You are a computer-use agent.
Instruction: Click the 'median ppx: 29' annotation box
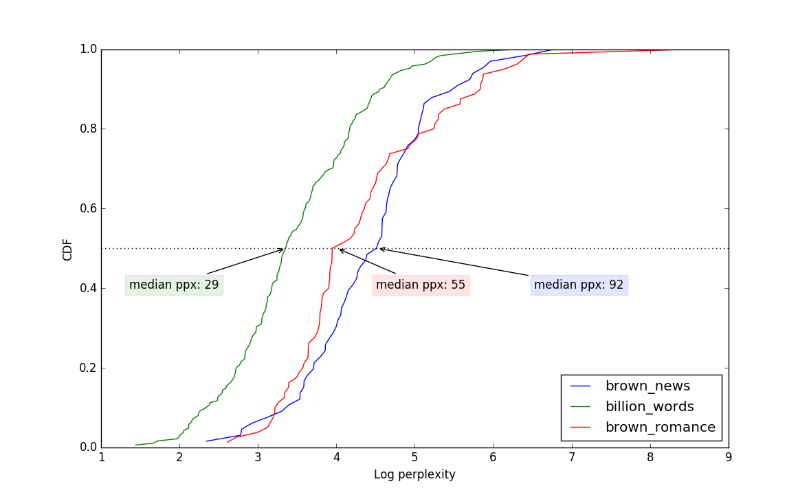point(174,285)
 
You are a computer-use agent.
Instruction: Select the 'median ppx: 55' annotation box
point(421,285)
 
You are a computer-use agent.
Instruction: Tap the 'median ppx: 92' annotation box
point(579,285)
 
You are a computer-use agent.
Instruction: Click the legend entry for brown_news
point(647,386)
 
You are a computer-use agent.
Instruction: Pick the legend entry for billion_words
point(649,407)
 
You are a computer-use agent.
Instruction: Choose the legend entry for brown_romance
point(660,428)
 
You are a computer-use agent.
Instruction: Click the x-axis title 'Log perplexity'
point(414,474)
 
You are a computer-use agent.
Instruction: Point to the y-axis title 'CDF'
point(67,249)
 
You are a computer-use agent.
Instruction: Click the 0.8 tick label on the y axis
point(88,129)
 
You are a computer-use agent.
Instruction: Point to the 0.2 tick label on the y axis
point(88,368)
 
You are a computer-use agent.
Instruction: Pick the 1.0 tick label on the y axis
point(88,49)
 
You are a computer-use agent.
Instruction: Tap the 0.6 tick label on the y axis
point(88,208)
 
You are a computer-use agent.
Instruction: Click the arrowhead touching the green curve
point(281,250)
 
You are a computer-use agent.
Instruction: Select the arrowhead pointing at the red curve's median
point(341,250)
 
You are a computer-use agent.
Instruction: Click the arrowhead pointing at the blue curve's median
point(381,249)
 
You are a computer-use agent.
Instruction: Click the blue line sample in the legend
point(581,386)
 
